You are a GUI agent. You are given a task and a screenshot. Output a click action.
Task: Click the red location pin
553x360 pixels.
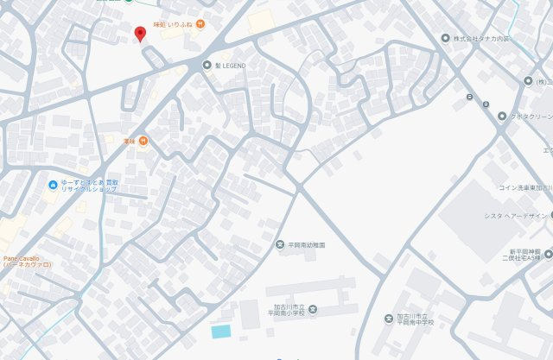(140, 34)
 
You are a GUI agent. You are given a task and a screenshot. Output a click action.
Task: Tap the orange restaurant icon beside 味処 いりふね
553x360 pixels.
(200, 24)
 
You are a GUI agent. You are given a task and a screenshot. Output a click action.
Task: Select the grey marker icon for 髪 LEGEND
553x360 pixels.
(207, 65)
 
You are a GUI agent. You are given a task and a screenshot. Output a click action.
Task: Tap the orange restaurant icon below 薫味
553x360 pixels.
(143, 141)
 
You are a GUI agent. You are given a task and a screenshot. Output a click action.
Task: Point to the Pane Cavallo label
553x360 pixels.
(26, 261)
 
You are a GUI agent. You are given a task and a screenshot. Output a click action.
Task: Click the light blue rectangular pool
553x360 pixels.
(221, 332)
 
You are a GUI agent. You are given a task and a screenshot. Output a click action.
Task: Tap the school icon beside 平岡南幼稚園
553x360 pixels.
(280, 245)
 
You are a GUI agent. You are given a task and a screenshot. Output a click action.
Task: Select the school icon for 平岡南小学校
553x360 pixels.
(313, 310)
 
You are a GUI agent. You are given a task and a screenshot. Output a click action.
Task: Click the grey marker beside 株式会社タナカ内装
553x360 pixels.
(446, 39)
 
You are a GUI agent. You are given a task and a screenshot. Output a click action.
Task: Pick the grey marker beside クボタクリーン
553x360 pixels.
(501, 116)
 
